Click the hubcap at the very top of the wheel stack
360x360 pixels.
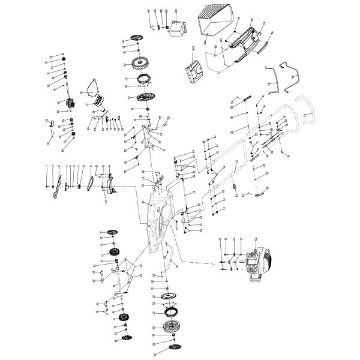[x=137, y=38]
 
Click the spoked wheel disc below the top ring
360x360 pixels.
[x=142, y=97]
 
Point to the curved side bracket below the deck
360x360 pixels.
[x=171, y=254]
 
